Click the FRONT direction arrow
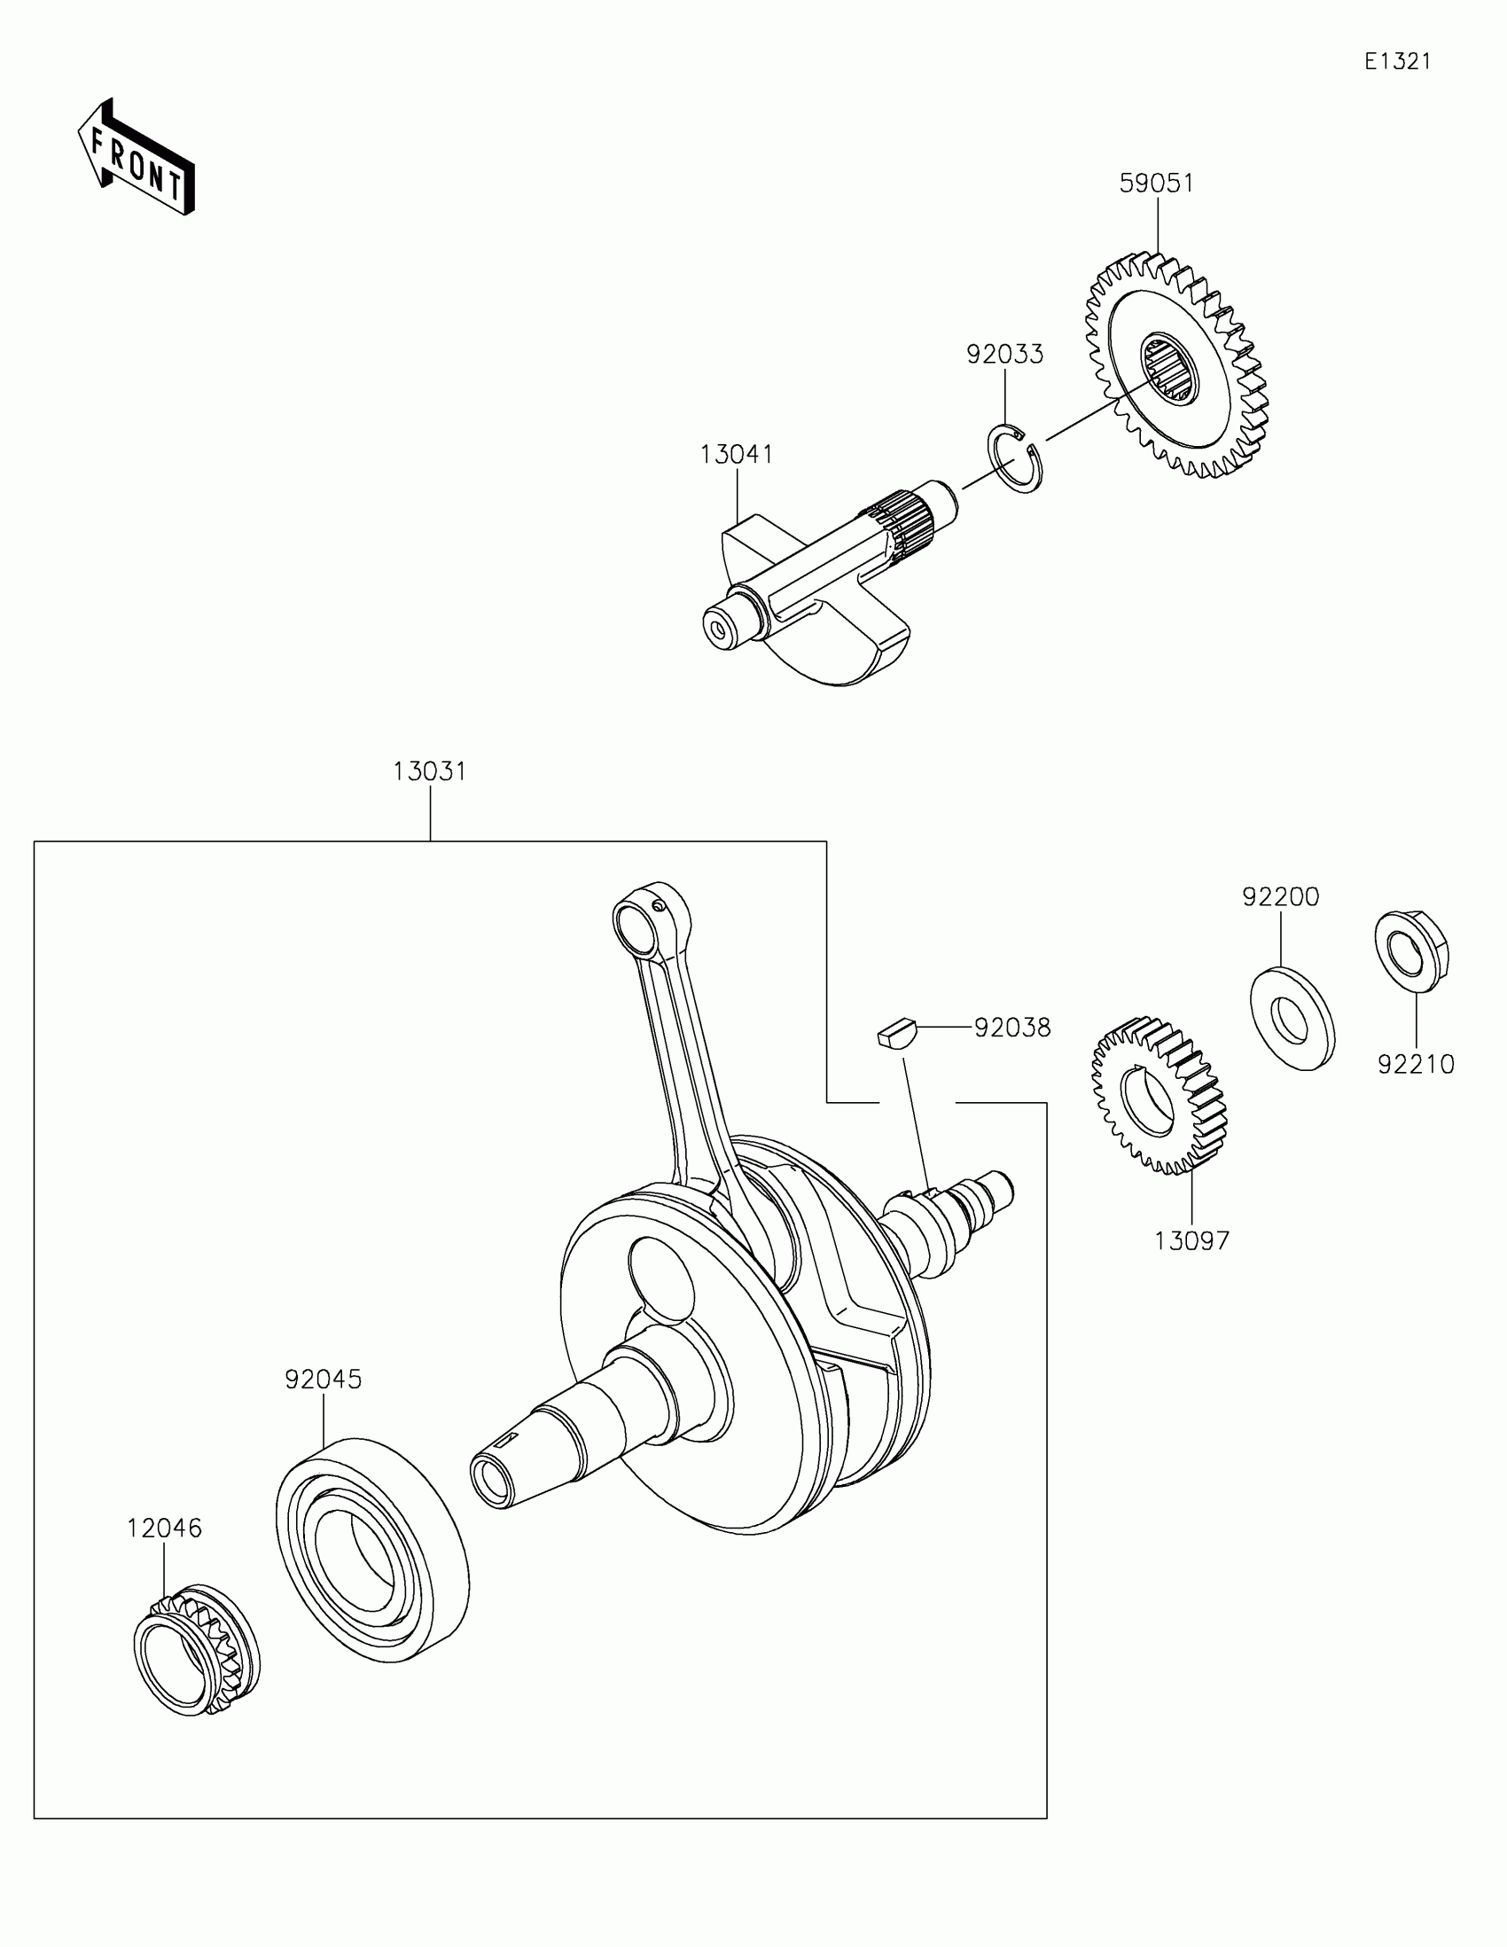click(136, 158)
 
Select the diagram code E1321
click(1397, 61)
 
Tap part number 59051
click(1156, 183)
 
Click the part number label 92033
click(1004, 354)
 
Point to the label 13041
click(736, 454)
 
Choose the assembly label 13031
click(430, 771)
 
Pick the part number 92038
click(1011, 1028)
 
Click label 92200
click(1281, 897)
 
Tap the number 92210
click(1415, 1065)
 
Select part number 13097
click(1191, 1240)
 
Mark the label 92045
click(323, 1380)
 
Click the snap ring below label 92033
click(1015, 460)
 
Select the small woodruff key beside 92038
click(894, 1034)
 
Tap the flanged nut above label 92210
click(1410, 951)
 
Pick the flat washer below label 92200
click(1292, 1018)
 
